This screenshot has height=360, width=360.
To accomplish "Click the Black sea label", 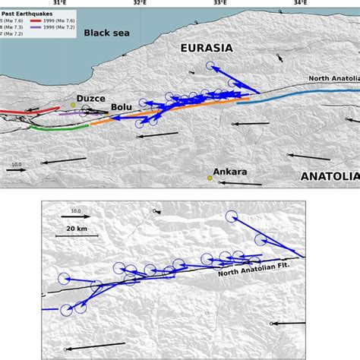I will (107, 33).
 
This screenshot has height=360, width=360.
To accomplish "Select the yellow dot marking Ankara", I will (210, 178).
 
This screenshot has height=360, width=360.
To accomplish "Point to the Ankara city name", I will (230, 172).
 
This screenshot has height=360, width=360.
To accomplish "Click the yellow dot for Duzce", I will (73, 104).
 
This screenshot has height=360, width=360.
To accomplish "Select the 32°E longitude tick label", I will (139, 4).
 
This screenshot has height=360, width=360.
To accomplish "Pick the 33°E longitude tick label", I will (219, 4).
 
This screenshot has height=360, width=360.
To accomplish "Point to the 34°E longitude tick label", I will (301, 4).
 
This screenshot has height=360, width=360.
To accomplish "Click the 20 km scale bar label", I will (76, 228).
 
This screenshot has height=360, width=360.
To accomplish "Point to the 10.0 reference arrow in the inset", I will (76, 216).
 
